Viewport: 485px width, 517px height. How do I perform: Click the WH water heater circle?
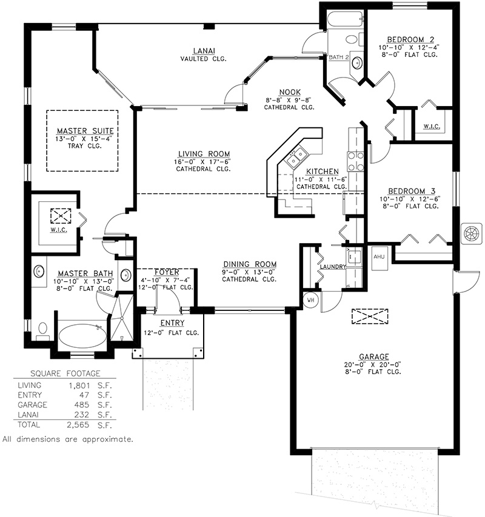(x=310, y=300)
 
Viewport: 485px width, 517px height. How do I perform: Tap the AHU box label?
(x=379, y=256)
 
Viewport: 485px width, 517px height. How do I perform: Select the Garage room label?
(x=374, y=356)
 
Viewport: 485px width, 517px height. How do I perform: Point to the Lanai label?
(x=204, y=51)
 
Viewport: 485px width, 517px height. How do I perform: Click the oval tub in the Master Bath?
(x=82, y=336)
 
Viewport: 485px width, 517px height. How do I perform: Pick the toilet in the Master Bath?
(x=42, y=332)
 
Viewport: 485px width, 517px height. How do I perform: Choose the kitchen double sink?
(x=296, y=158)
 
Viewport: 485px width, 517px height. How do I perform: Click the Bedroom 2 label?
(x=410, y=39)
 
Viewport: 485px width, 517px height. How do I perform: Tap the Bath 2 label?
(x=339, y=57)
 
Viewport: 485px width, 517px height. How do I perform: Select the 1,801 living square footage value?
(x=79, y=385)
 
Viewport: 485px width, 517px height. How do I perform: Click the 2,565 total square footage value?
(x=78, y=425)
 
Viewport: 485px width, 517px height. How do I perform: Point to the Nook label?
(x=290, y=92)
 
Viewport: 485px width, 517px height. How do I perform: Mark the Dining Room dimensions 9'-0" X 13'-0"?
(x=249, y=272)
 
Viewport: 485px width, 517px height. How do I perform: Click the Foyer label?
(x=167, y=272)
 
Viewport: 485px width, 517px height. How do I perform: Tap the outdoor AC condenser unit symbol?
(x=472, y=233)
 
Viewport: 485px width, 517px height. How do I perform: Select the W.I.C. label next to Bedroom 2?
(x=432, y=126)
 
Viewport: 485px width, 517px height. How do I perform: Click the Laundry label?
(x=333, y=267)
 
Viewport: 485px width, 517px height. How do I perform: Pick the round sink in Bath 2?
(x=356, y=62)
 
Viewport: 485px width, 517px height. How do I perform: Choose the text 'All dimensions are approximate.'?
(x=68, y=439)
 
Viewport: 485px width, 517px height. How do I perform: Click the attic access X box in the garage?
(x=370, y=316)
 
